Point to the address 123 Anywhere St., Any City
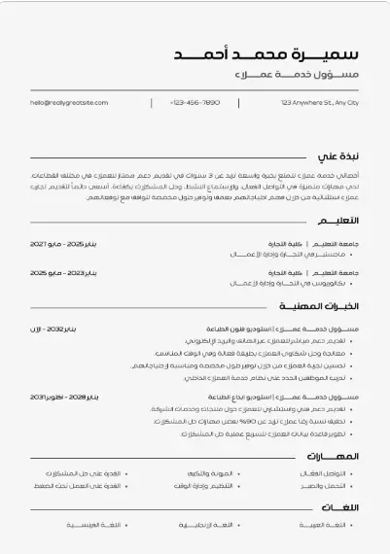pos(320,102)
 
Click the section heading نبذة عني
pos(338,156)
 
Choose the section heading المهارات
pos(334,456)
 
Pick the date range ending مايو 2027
pos(64,242)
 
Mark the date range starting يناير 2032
pos(64,329)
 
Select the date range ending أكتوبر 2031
pos(65,398)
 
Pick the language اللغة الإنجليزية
pos(205,524)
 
